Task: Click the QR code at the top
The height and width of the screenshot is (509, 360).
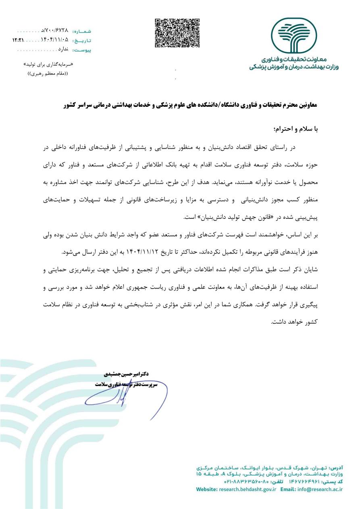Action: pos(178,33)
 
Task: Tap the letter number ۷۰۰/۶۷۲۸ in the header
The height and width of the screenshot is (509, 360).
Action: pos(55,31)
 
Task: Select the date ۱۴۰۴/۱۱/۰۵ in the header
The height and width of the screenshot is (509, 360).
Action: pos(54,40)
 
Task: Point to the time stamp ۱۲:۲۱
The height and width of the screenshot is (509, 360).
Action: pos(18,40)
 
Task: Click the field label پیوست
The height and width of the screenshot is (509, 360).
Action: pos(82,50)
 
